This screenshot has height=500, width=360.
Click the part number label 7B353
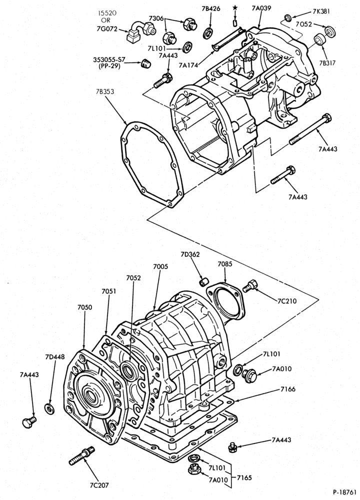click(x=104, y=91)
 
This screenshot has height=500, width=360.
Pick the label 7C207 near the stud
click(x=99, y=485)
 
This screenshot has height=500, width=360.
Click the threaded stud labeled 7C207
click(x=82, y=455)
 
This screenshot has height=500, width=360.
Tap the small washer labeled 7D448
click(x=49, y=408)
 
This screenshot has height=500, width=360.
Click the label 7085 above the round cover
click(x=225, y=264)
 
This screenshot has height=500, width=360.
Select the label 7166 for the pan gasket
click(x=288, y=389)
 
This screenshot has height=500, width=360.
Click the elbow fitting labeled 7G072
click(x=140, y=32)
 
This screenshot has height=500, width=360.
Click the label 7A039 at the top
click(x=261, y=8)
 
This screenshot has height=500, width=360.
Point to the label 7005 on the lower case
click(x=160, y=266)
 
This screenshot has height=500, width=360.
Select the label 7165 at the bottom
click(x=244, y=477)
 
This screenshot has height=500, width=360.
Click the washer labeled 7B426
click(x=208, y=33)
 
